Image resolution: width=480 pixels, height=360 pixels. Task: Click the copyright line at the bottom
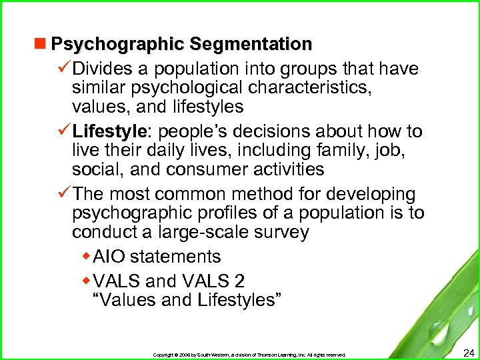click(x=249, y=355)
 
